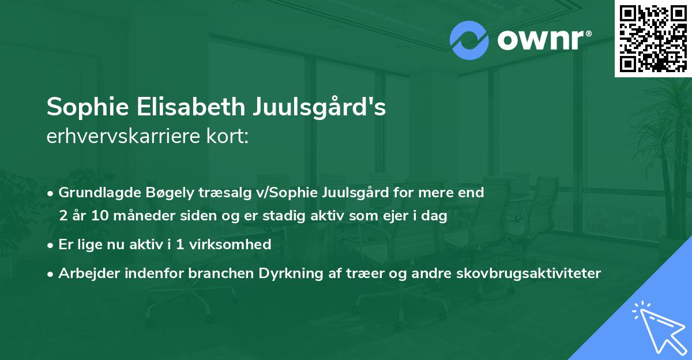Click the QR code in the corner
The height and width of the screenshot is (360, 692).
click(x=653, y=38)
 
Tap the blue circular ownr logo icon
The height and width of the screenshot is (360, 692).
click(x=469, y=40)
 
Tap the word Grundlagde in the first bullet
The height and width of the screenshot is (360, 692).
click(x=95, y=193)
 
